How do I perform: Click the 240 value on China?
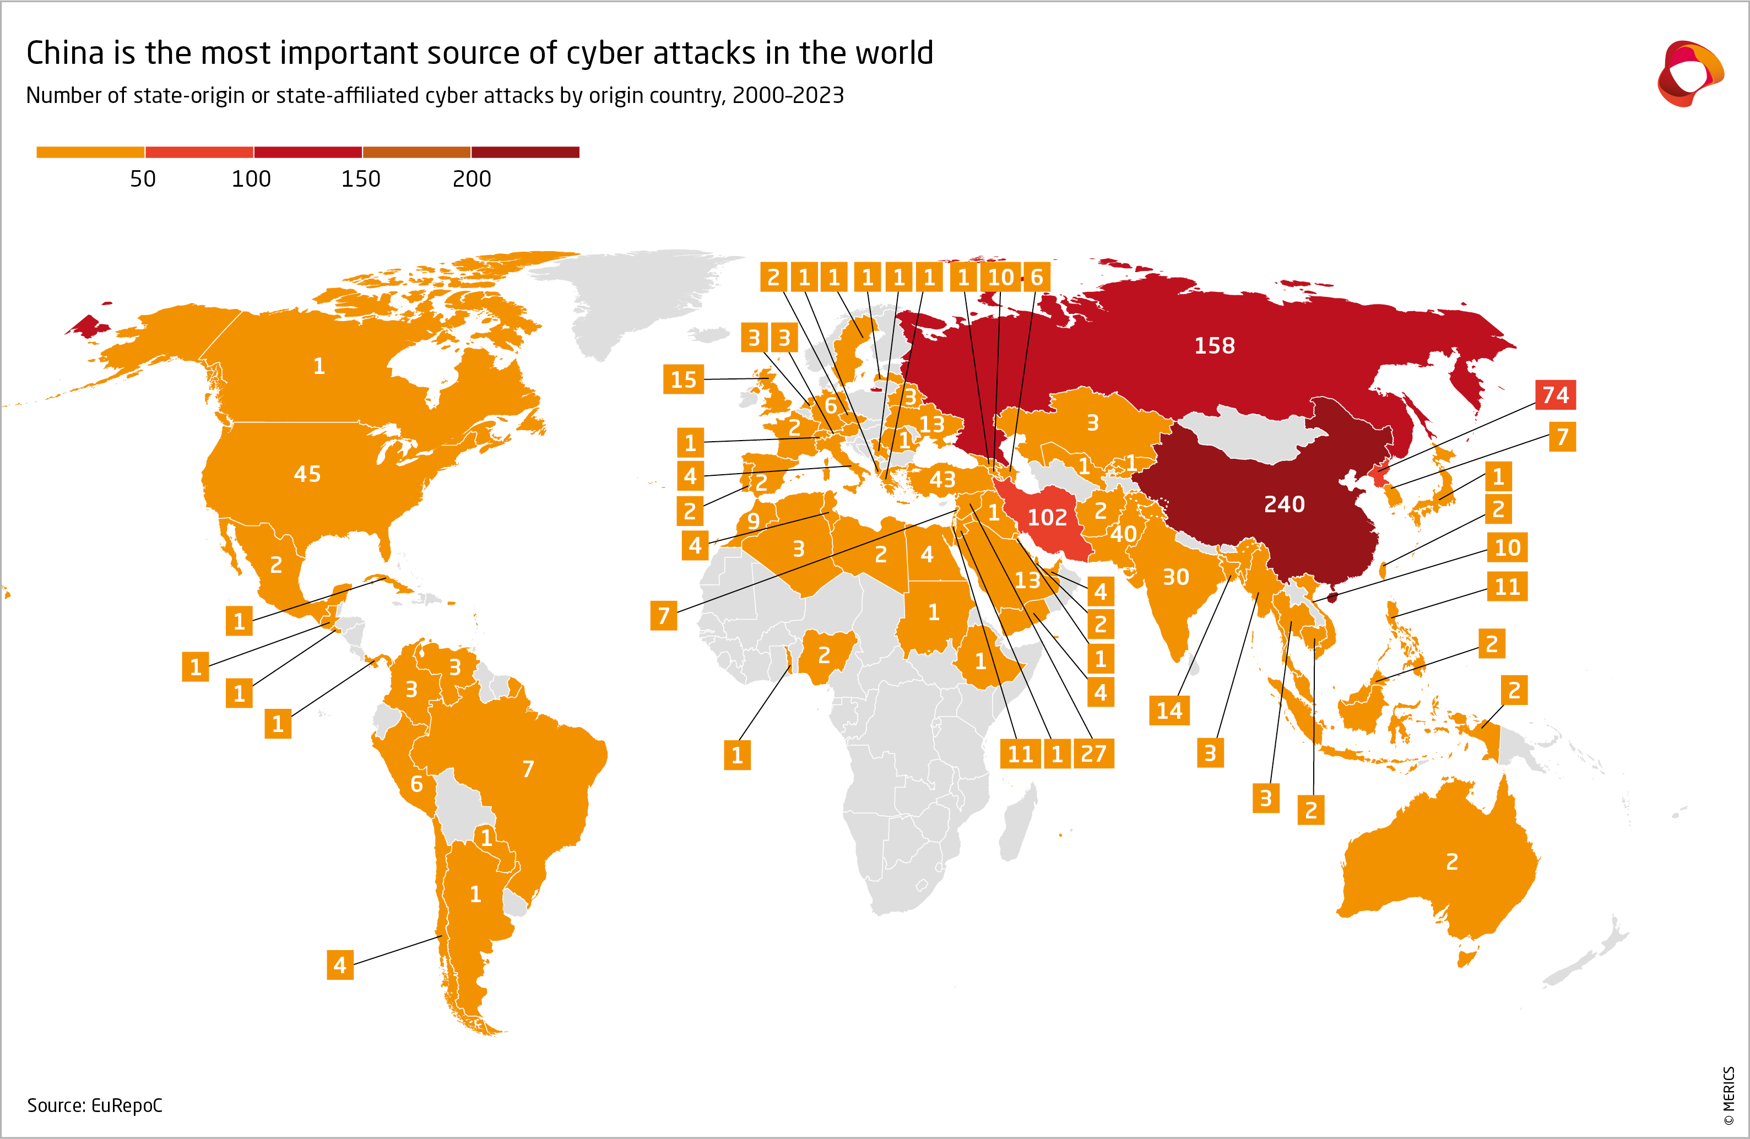click(x=1284, y=505)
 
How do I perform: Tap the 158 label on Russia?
click(x=1214, y=345)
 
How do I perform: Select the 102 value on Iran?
click(x=1047, y=518)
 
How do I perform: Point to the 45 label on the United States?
click(x=307, y=474)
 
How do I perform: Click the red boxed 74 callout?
click(x=1555, y=395)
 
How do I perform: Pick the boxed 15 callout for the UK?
click(x=683, y=379)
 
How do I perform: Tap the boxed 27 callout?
click(x=1093, y=753)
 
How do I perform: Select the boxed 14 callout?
click(x=1169, y=711)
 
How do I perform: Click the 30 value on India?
click(x=1175, y=577)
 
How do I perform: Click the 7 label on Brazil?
click(x=528, y=769)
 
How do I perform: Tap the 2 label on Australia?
click(x=1451, y=862)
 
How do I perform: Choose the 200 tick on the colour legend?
click(x=472, y=178)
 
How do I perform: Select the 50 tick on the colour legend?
click(x=143, y=178)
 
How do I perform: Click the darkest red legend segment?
click(x=525, y=152)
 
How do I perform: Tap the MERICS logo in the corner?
click(x=1690, y=74)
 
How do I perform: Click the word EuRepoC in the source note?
click(x=127, y=1105)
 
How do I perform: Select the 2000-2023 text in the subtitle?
click(x=788, y=96)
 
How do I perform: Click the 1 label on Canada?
click(x=318, y=366)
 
